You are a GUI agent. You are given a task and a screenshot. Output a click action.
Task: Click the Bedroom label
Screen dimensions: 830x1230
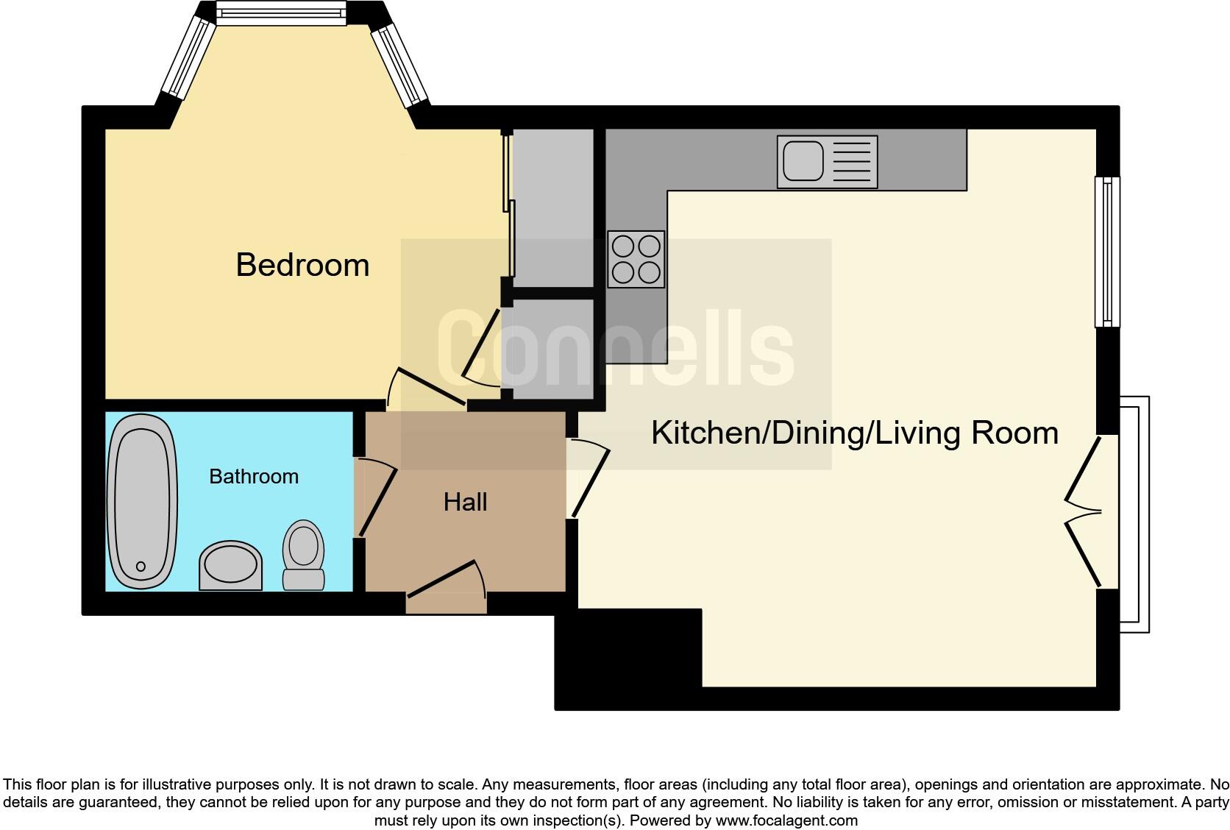(302, 265)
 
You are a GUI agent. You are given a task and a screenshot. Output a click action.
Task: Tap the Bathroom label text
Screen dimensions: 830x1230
(254, 477)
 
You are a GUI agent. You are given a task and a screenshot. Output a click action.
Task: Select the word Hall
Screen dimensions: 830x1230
(465, 503)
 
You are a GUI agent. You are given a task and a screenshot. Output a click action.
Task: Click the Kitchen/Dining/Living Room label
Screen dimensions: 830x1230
(854, 433)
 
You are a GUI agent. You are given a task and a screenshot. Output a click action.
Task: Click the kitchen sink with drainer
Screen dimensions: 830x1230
(827, 162)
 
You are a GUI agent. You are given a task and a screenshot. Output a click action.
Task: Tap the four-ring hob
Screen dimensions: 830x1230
(636, 259)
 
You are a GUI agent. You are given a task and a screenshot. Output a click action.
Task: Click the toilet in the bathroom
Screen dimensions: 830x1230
(303, 556)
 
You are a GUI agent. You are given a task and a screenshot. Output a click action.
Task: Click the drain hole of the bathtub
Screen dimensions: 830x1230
(141, 567)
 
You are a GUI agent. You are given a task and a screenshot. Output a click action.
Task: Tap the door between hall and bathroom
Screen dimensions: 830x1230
(375, 497)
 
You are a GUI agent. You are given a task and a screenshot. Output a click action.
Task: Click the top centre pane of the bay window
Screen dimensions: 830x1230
(280, 13)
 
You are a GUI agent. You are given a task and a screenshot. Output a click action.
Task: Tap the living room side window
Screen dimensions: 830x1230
(1107, 251)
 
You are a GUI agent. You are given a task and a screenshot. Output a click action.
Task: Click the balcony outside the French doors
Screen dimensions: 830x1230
(1134, 514)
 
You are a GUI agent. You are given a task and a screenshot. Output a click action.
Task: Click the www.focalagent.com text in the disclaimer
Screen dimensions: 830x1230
(786, 820)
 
